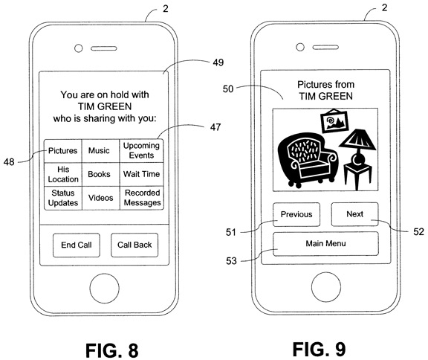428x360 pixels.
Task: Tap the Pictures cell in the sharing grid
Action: [x=63, y=151]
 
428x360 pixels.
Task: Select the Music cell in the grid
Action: [x=101, y=151]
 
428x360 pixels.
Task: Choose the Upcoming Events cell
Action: [x=141, y=151]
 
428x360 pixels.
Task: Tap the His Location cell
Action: [x=63, y=175]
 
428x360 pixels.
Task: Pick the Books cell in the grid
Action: [x=101, y=175]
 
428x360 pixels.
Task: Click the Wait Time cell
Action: [x=141, y=175]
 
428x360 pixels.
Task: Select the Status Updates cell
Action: [x=63, y=198]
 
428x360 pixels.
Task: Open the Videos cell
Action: [x=101, y=198]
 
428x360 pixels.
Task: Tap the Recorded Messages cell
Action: [x=141, y=198]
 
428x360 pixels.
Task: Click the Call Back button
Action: [x=134, y=245]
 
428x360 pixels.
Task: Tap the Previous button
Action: [x=296, y=214]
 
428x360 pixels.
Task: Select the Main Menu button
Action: [x=325, y=244]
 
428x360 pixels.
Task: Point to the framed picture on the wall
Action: [x=334, y=120]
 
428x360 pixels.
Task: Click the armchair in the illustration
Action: [x=308, y=160]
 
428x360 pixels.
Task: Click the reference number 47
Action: [x=215, y=127]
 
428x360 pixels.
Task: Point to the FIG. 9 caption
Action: [x=319, y=350]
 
